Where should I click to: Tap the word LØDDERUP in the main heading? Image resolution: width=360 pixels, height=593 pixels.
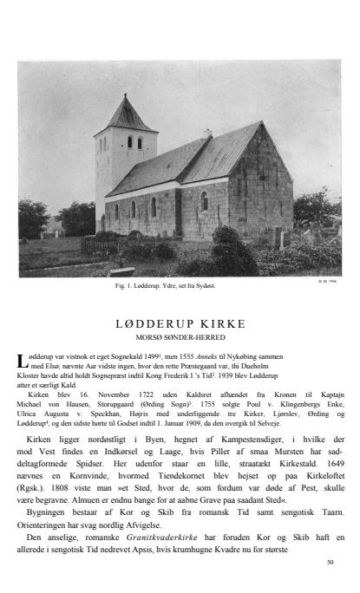(x=152, y=323)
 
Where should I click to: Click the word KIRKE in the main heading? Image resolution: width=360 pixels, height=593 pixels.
(x=216, y=323)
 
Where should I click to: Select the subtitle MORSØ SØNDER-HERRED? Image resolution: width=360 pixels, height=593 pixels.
(x=180, y=336)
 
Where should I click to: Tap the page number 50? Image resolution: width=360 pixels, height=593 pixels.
(x=330, y=562)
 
